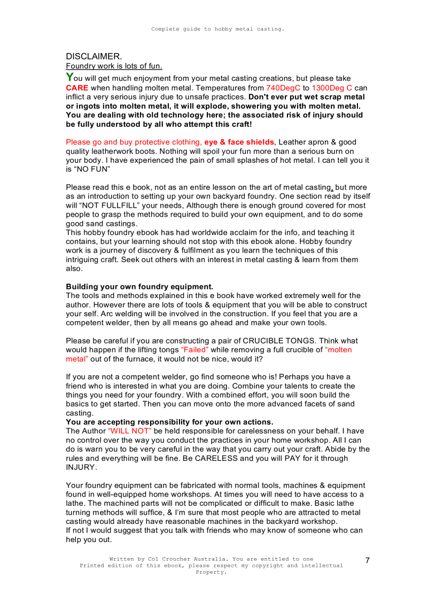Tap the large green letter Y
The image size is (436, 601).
(x=69, y=78)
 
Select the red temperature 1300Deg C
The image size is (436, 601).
(x=332, y=88)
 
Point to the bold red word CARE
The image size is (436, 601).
(x=77, y=88)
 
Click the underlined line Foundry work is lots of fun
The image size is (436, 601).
(x=114, y=66)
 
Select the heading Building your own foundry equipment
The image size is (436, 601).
(x=139, y=286)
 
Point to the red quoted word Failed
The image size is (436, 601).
(x=195, y=349)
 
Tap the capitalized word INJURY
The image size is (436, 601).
(x=81, y=467)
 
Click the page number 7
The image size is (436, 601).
(x=368, y=560)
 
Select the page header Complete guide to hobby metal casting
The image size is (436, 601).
(x=217, y=29)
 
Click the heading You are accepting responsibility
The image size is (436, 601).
(x=169, y=422)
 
